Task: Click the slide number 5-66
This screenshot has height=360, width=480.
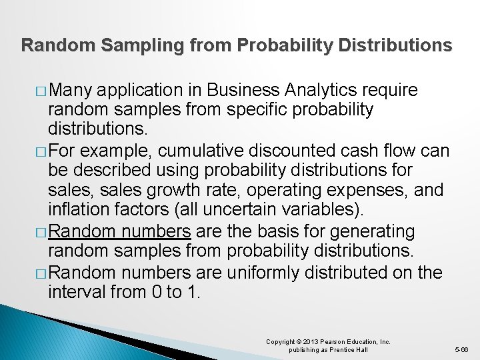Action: [461, 349]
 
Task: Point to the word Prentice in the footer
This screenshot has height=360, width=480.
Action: [343, 350]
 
